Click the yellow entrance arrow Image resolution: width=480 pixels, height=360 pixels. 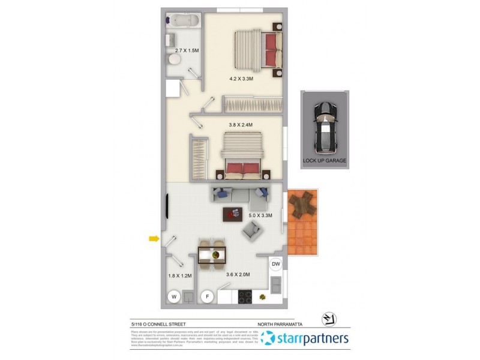coord(154,239)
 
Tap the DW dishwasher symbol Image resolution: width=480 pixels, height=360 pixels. coord(275,263)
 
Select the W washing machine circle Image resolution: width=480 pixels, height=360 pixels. coord(173,296)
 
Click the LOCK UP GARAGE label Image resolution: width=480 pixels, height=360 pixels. coord(325,161)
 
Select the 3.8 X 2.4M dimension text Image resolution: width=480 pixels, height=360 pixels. coord(241,125)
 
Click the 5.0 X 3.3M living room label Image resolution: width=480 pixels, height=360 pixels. coord(260,215)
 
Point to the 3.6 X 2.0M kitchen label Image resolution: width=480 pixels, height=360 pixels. coord(237,275)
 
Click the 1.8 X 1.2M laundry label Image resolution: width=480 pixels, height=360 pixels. coord(179,276)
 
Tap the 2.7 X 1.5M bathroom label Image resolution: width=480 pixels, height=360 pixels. coord(187,51)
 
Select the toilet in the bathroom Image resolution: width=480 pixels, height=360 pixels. coord(173,60)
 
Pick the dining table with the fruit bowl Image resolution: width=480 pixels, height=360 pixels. coord(212,254)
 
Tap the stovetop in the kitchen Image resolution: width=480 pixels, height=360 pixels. coord(245,296)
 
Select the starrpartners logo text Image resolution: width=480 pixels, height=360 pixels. coord(311,338)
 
